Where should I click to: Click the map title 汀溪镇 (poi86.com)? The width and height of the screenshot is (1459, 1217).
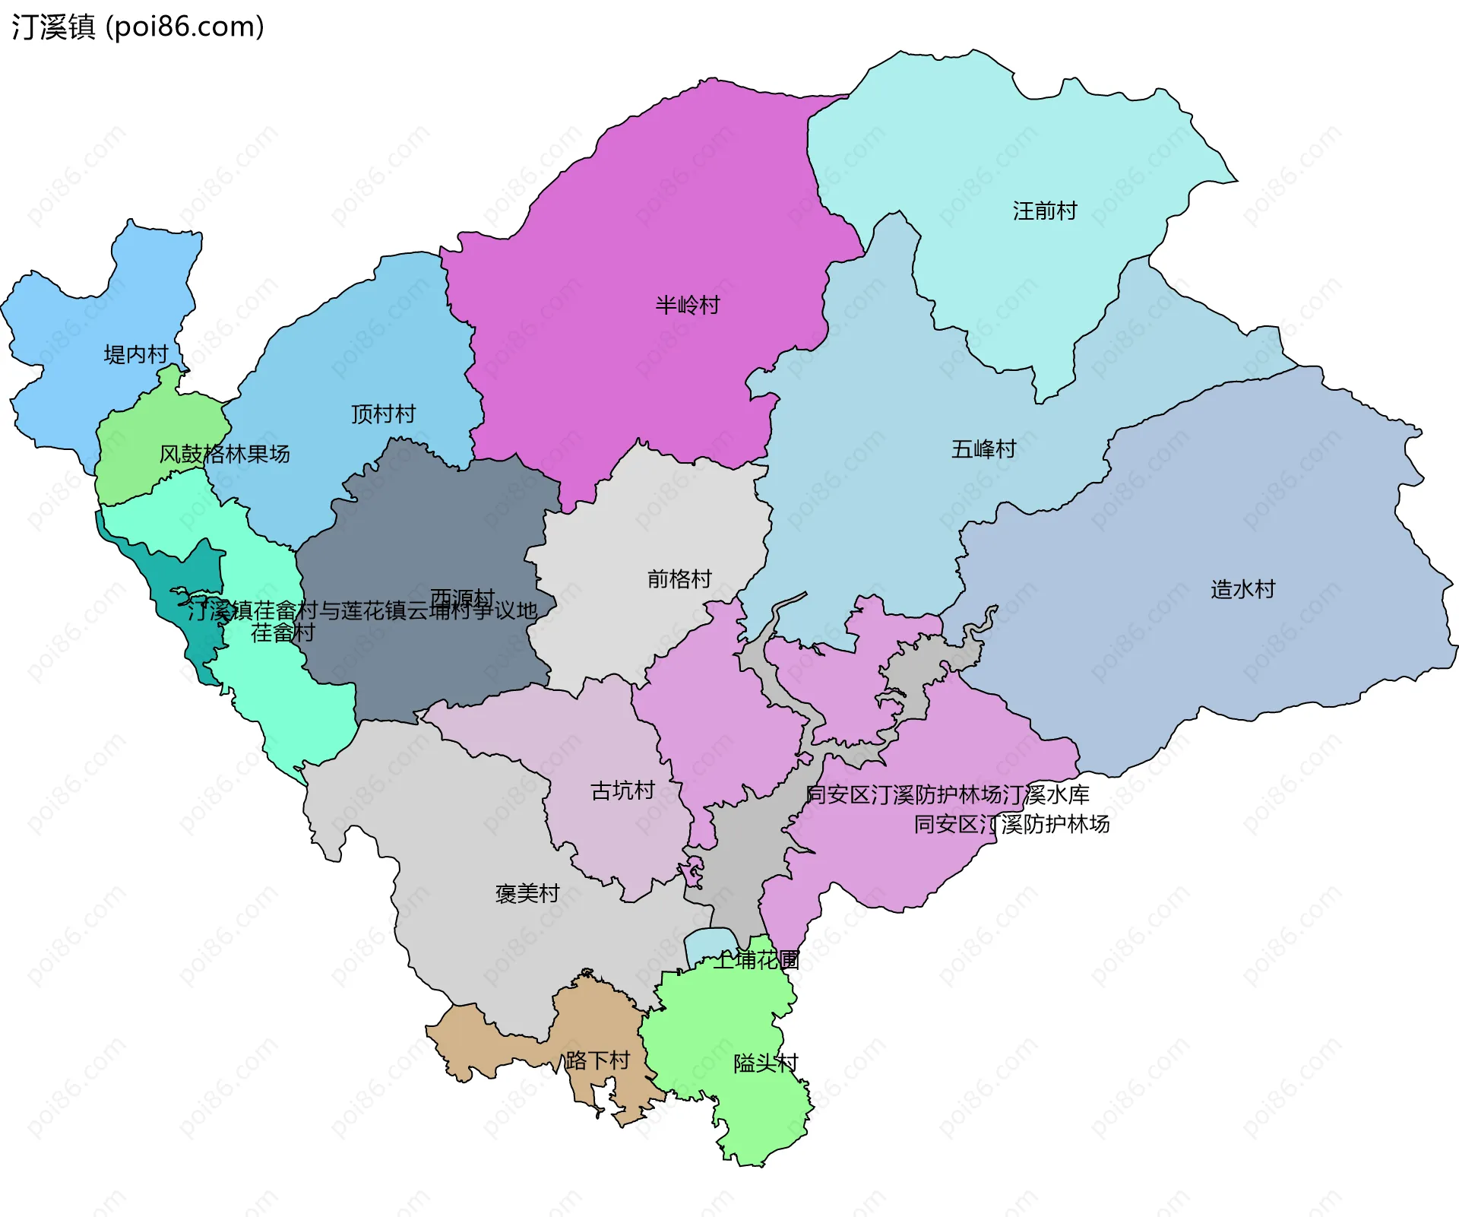(138, 27)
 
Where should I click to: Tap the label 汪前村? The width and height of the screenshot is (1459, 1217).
(1045, 211)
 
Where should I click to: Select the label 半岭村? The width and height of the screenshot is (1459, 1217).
(688, 305)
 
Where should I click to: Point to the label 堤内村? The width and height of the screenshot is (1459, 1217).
(136, 354)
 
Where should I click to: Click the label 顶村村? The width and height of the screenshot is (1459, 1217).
(383, 414)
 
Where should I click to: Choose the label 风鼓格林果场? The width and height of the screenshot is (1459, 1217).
(224, 454)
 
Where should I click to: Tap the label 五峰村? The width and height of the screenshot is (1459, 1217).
(983, 449)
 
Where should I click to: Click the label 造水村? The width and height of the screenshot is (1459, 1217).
(1242, 589)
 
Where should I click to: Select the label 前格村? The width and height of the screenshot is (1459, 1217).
(679, 579)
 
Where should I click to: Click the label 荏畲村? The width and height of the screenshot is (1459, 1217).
(283, 633)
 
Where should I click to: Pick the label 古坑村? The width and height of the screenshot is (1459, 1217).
(622, 791)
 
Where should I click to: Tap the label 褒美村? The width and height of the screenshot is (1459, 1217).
(527, 893)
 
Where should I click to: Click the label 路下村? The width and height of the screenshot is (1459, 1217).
(597, 1060)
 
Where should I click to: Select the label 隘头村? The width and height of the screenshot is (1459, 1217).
(765, 1063)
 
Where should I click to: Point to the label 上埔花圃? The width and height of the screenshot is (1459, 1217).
(756, 960)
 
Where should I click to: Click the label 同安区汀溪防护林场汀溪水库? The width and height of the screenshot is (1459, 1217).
(947, 795)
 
